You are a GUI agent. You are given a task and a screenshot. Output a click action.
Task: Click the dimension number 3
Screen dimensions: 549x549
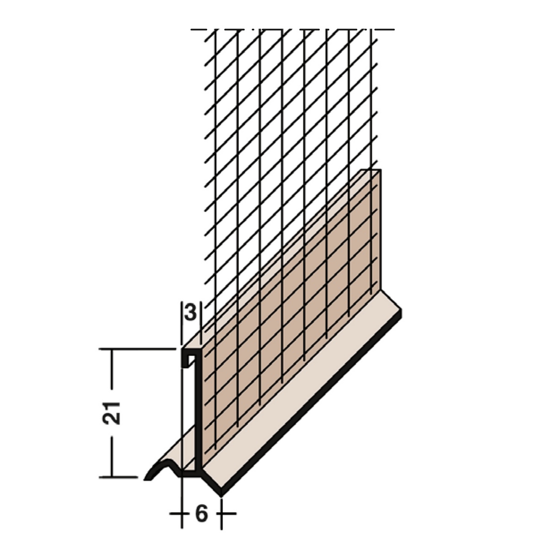point(191,312)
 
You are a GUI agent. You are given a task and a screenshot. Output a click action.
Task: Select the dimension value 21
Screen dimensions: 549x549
point(112,414)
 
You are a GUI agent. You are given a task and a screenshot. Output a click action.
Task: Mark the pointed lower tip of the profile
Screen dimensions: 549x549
point(221,496)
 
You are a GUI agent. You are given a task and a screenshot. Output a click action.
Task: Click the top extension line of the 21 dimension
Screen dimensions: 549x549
point(137,349)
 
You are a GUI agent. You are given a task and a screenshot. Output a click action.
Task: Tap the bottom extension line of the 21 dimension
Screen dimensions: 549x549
point(118,476)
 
